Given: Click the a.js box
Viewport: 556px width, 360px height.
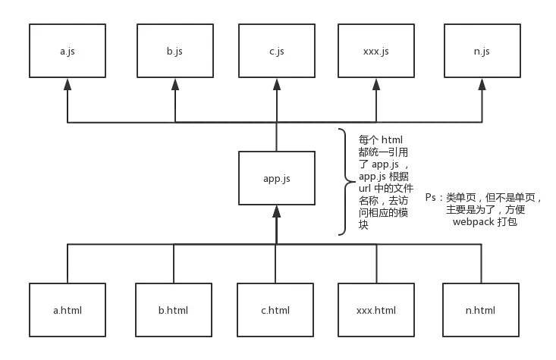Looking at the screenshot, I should tap(68, 51).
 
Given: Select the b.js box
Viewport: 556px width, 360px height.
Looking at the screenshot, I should tap(174, 51).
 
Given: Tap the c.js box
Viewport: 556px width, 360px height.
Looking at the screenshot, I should tap(276, 51).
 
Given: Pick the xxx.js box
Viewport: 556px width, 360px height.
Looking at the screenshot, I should tap(375, 51).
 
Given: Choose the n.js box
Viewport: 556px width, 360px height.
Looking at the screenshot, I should tap(482, 51).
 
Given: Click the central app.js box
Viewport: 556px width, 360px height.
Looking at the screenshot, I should tap(276, 178).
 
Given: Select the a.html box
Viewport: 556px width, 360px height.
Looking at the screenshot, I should tap(68, 309).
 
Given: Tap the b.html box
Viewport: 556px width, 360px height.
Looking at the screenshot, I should tap(174, 309).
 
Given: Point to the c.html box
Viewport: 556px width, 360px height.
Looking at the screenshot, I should tap(276, 309).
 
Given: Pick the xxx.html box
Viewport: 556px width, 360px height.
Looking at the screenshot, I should tap(375, 309).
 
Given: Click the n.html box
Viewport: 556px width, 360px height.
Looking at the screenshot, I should tap(482, 309).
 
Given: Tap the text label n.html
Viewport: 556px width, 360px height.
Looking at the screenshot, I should tap(480, 310).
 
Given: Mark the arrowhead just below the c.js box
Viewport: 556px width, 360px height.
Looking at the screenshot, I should tap(276, 86).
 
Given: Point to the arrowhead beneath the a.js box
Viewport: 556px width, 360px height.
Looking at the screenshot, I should tap(68, 86).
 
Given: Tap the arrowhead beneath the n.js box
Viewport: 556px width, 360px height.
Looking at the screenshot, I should tap(482, 86).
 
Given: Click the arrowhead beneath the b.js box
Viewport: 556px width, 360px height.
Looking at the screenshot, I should tap(174, 86).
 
